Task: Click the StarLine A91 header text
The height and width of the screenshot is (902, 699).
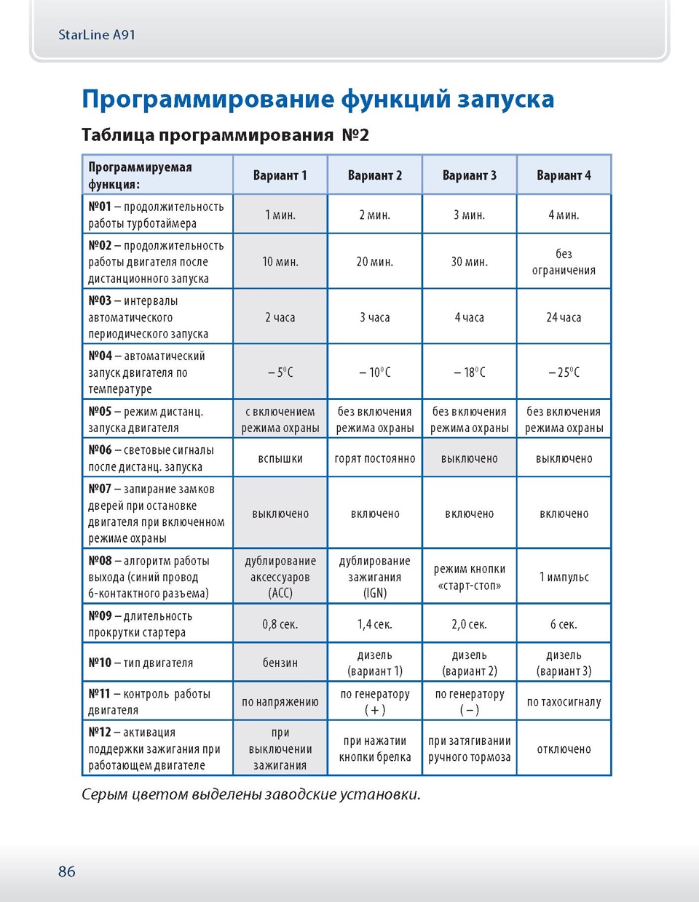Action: [x=96, y=35]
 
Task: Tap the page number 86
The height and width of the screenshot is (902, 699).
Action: [x=66, y=871]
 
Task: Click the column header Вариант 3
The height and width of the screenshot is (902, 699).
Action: [x=470, y=175]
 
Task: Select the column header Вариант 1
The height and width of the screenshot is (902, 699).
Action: [x=280, y=175]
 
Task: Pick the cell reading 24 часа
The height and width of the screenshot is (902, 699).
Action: [x=564, y=317]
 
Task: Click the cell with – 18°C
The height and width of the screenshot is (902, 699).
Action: [x=470, y=372]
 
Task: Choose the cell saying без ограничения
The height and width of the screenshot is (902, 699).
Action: [x=564, y=262]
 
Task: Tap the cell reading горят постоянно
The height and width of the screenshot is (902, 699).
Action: [x=375, y=458]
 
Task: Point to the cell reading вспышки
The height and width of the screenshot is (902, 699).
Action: [x=280, y=458]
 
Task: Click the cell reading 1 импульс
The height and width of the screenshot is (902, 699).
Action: [x=564, y=577]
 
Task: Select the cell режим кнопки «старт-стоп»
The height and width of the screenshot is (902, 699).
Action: [x=470, y=577]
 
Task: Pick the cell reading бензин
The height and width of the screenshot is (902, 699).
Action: [x=280, y=663]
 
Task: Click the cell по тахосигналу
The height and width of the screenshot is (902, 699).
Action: [x=564, y=702]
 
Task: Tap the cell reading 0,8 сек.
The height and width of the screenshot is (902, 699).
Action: [x=280, y=624]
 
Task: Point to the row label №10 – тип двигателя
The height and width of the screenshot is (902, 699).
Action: [x=141, y=663]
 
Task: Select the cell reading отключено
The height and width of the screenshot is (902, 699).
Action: [x=564, y=749]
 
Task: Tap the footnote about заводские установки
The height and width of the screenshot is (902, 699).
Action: [x=251, y=794]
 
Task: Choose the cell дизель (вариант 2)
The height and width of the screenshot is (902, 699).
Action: [x=470, y=663]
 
